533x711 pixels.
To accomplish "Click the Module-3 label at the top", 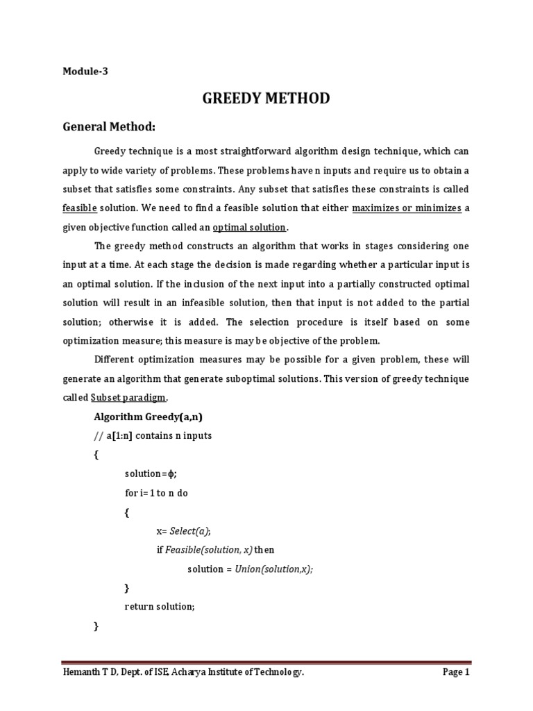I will (85, 71).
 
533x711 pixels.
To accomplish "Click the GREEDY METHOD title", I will (266, 99).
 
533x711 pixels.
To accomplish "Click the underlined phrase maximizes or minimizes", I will (407, 208).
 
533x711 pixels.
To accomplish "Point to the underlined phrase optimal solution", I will (249, 227).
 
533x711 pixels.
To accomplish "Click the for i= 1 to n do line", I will (156, 492).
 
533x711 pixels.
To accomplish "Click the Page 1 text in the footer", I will (456, 672).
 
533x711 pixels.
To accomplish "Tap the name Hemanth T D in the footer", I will (88, 672).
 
